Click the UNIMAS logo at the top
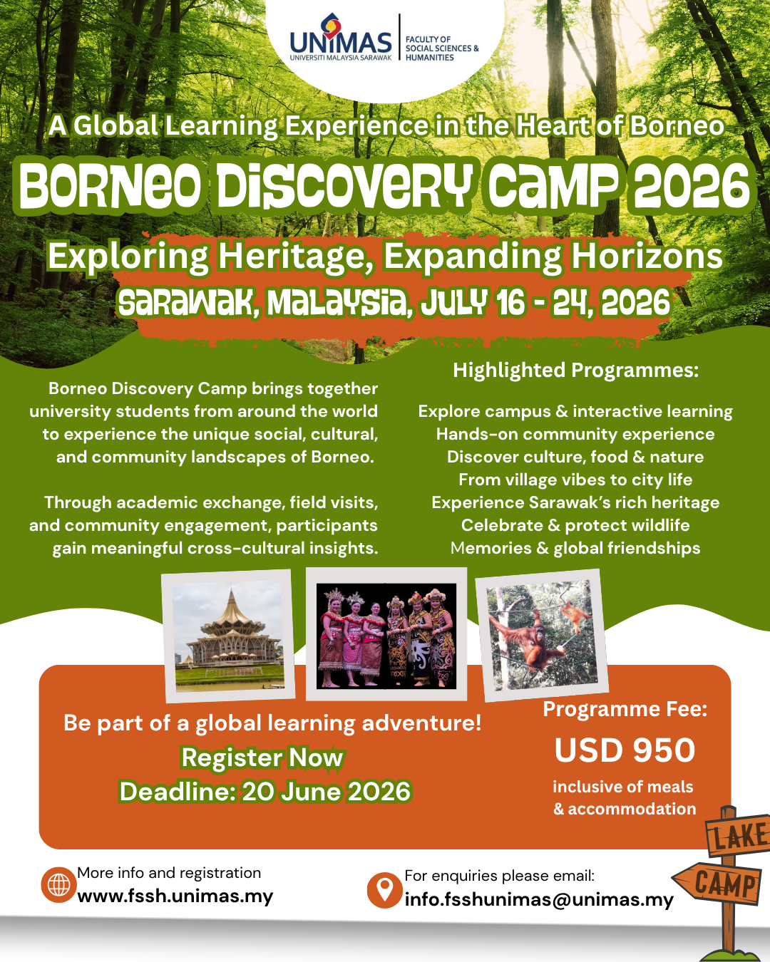341,37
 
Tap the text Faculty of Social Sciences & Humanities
442,48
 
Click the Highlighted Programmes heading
576,370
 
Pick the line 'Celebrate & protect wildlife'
575,524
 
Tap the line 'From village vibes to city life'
575,479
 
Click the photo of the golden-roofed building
229,636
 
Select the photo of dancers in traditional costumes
386,635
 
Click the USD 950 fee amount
625,750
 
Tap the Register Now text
262,757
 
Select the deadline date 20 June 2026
326,791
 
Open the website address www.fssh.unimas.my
175,896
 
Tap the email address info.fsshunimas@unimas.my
539,900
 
